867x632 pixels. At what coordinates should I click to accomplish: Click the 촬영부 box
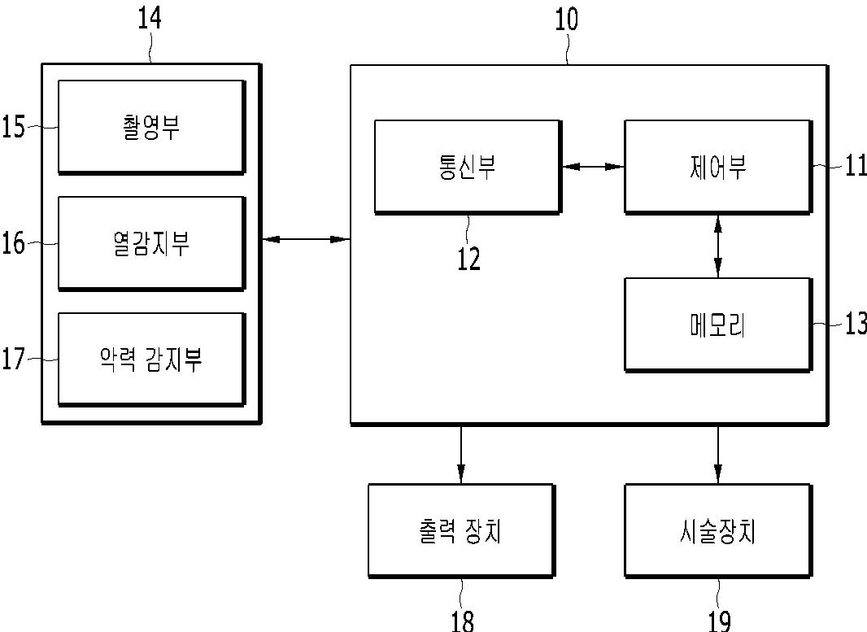click(x=150, y=126)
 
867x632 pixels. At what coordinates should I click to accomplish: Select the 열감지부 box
click(x=150, y=242)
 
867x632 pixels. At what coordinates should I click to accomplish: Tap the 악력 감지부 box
click(x=150, y=358)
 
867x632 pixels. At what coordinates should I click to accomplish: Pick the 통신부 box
click(x=467, y=166)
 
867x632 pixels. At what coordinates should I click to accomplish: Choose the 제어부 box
click(x=717, y=166)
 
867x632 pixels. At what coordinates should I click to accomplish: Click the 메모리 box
click(x=717, y=324)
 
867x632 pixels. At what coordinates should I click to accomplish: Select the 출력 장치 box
click(x=460, y=530)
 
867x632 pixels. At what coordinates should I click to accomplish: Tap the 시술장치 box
click(x=717, y=530)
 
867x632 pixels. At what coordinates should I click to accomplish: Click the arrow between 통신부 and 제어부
click(x=592, y=167)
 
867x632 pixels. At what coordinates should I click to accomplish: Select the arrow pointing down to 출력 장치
click(x=461, y=453)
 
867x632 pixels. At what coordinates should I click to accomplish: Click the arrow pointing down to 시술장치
click(x=717, y=453)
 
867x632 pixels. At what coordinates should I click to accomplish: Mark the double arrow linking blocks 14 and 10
click(x=305, y=239)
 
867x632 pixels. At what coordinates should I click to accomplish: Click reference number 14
click(x=150, y=17)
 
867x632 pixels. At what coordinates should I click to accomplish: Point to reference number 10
click(x=566, y=18)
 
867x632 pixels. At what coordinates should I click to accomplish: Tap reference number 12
click(x=468, y=259)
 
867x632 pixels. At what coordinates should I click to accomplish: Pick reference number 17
click(x=14, y=359)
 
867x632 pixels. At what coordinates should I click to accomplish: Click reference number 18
click(x=462, y=620)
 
